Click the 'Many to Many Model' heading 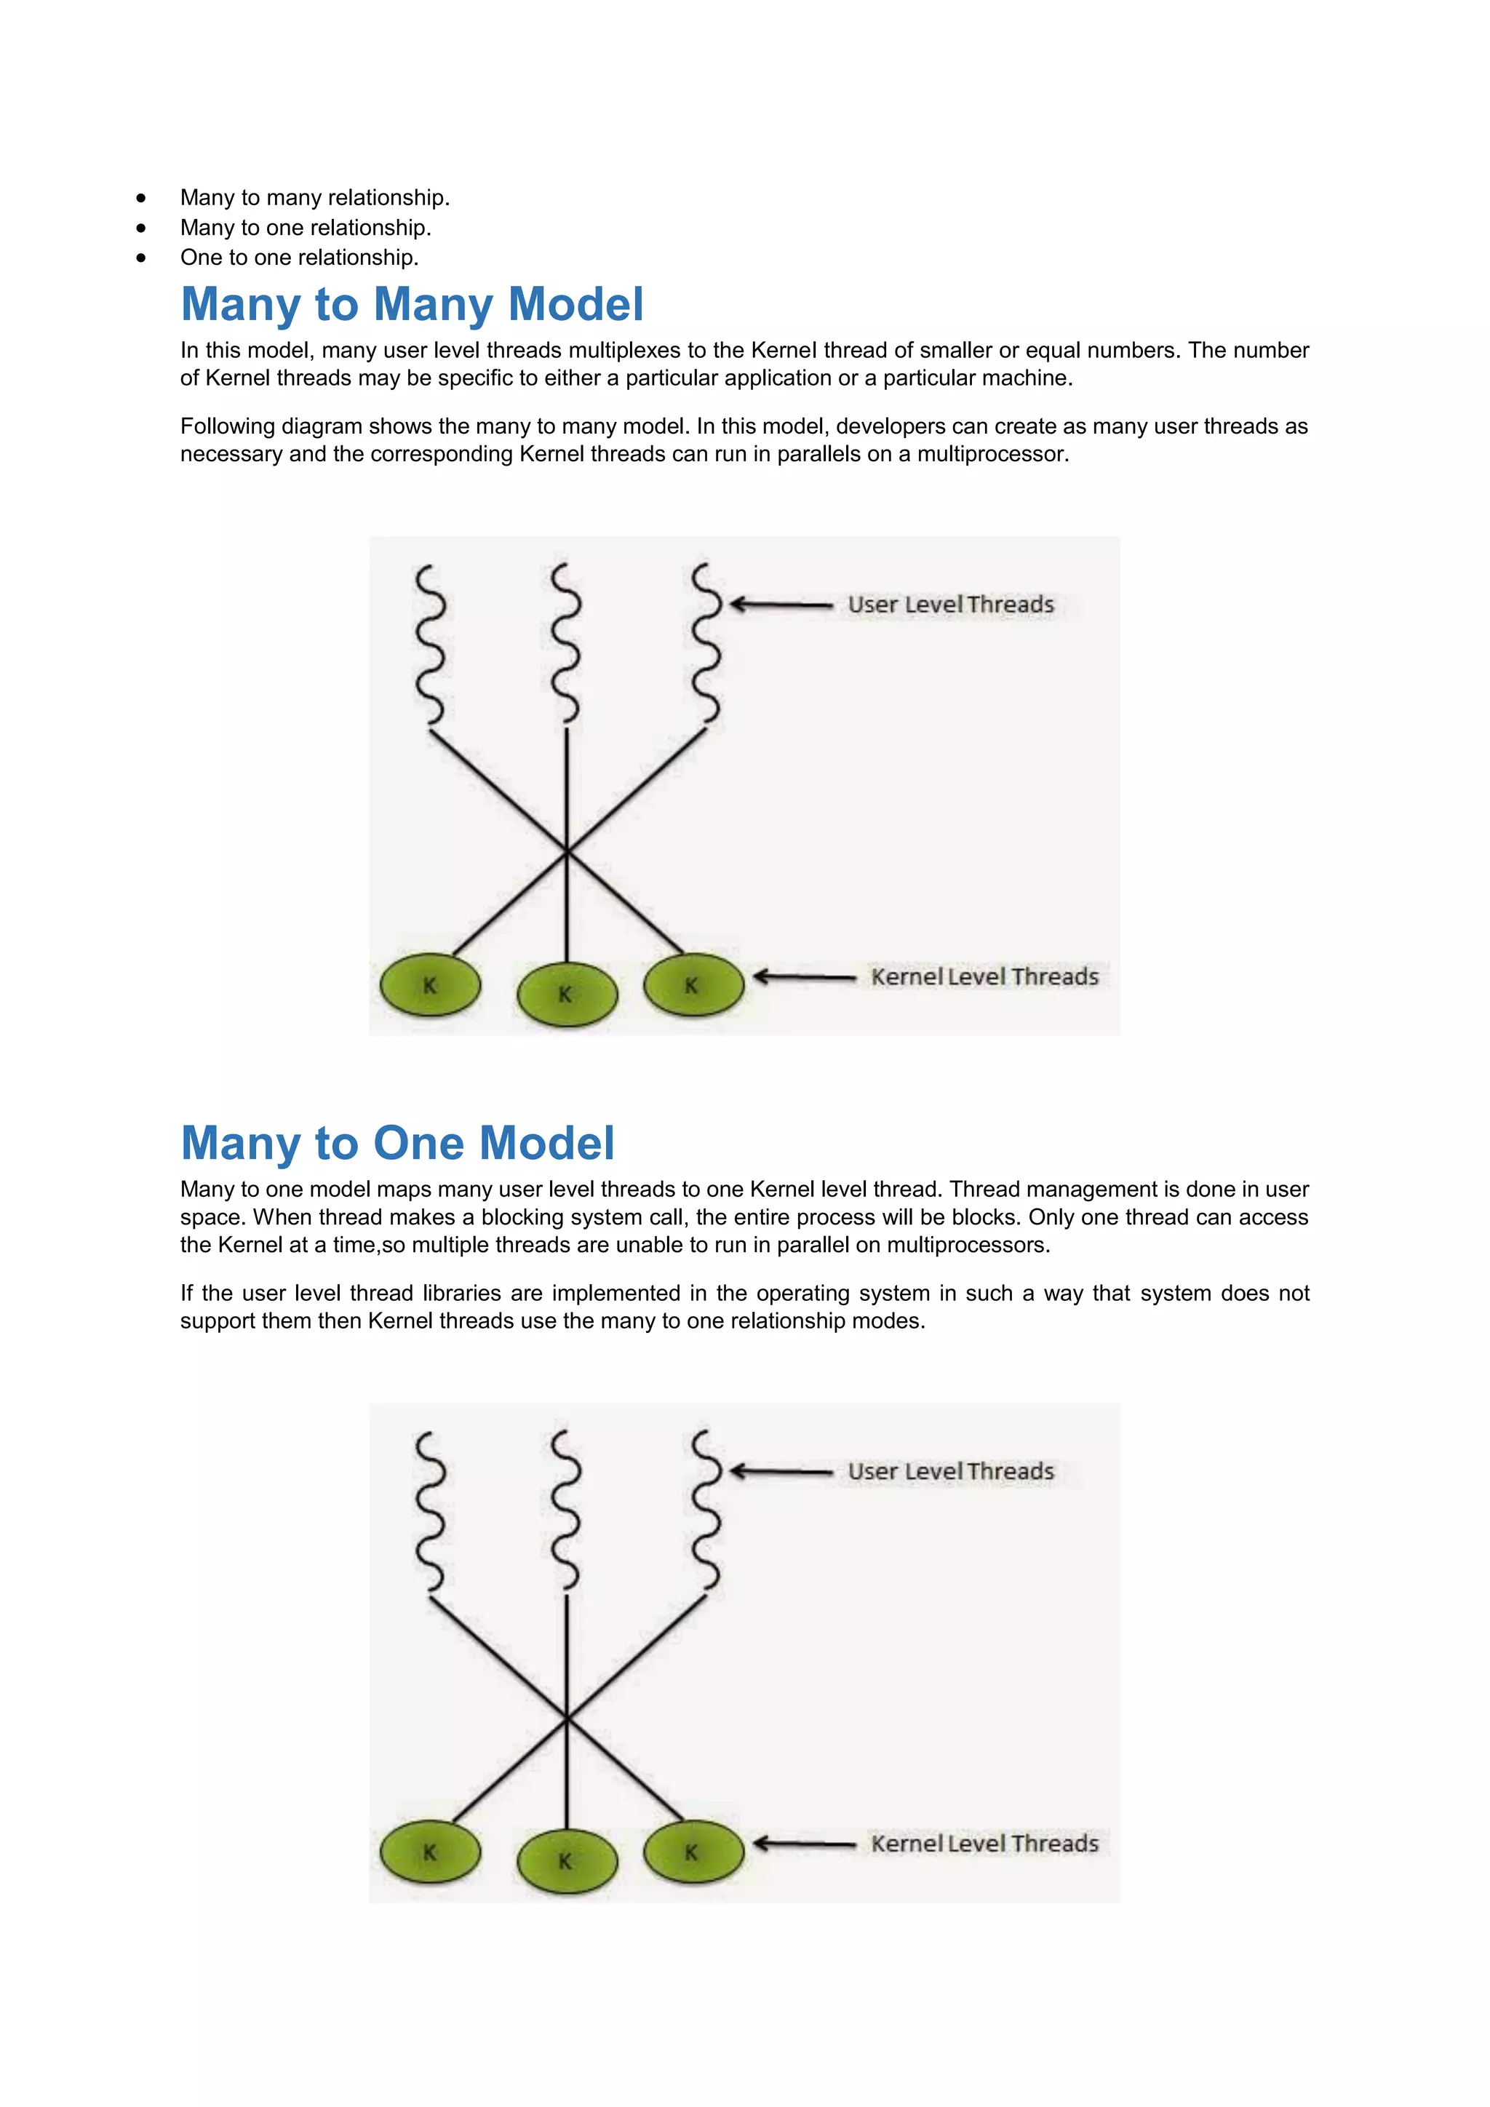[x=412, y=305]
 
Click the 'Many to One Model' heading [x=397, y=1144]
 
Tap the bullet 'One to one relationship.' [x=299, y=258]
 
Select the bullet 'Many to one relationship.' [x=306, y=228]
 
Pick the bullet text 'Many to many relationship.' [x=315, y=197]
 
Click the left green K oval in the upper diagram [x=430, y=986]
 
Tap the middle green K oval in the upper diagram [x=567, y=994]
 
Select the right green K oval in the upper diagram [x=693, y=984]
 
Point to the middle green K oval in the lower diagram [x=567, y=1861]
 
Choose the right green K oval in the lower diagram [x=693, y=1852]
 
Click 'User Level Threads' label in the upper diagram [x=950, y=605]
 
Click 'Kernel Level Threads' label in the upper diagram [x=984, y=977]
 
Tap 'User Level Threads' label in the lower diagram [x=950, y=1472]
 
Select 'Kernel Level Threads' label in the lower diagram [x=984, y=1844]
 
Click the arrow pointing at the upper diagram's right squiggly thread [x=781, y=605]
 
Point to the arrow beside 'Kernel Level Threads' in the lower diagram [x=804, y=1844]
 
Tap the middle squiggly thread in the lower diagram [x=566, y=1510]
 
